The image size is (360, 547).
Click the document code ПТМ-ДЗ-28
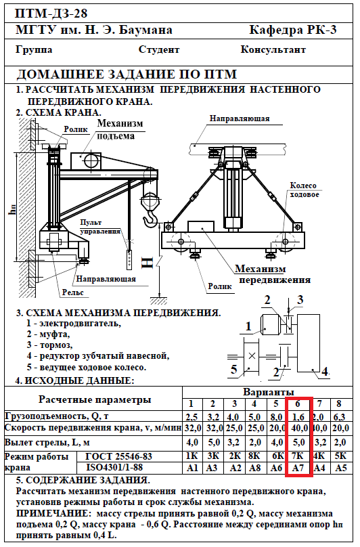51,14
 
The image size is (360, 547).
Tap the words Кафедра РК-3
293,30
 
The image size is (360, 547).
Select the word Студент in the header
159,49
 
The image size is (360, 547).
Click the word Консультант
273,49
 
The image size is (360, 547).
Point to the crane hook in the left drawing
150,219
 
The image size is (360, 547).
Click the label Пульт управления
100,227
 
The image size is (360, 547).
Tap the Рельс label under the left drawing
73,292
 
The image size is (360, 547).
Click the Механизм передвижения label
272,274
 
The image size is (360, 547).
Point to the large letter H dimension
148,263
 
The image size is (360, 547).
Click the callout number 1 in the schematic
248,326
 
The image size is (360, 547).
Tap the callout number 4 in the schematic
325,371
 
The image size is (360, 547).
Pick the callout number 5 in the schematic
233,370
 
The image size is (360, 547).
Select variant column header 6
298,404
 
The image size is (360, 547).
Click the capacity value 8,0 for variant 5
276,417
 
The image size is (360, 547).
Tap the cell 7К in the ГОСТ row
298,456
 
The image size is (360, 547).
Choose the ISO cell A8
254,468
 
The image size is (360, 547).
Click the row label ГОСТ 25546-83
118,456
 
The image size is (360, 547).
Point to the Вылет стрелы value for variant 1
192,442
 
